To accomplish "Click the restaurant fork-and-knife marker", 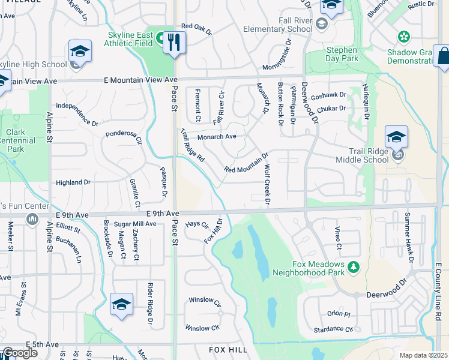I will (174, 42).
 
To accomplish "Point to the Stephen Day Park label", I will (341, 55).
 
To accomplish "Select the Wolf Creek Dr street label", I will (267, 184).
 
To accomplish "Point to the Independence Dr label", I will (77, 114).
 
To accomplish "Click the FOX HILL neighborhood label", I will (228, 349).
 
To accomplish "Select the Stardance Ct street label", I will (332, 329).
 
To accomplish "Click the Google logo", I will (20, 353).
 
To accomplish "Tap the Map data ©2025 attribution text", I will (423, 355).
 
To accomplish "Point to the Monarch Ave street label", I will (217, 137).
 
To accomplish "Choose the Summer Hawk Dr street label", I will (409, 237).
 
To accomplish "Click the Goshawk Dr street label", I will (329, 95).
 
